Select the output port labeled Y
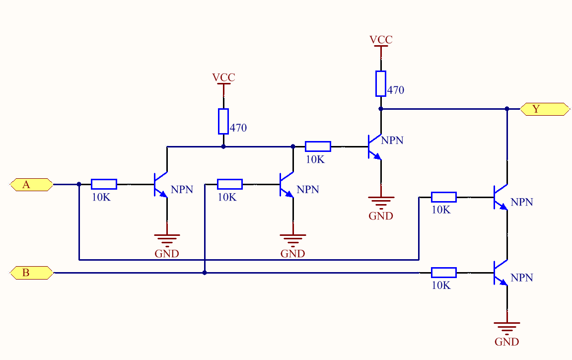(545, 109)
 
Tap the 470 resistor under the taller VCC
(381, 83)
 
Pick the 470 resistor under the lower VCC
(223, 122)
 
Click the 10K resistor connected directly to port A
(104, 184)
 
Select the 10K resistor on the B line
(443, 272)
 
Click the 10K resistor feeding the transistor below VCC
(318, 146)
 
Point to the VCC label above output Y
(381, 40)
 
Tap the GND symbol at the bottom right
(507, 327)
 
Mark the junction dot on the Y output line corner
(507, 109)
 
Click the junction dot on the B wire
(205, 273)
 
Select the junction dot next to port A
(79, 184)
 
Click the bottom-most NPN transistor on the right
(501, 273)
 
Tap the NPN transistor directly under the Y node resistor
(375, 147)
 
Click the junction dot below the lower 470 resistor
(223, 146)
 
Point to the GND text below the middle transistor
(292, 254)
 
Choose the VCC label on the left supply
(223, 77)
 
